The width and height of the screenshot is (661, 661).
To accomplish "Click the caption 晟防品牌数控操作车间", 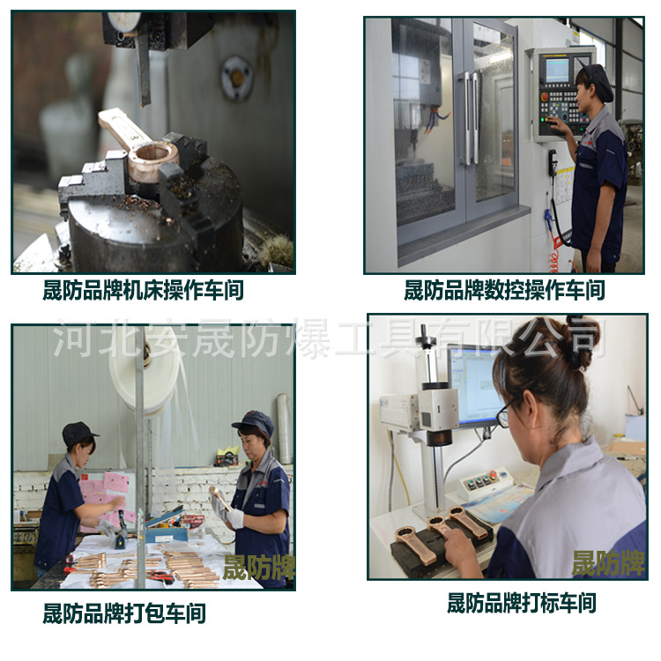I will click(x=504, y=290).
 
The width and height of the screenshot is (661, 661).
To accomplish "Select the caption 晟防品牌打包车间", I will click(x=124, y=613).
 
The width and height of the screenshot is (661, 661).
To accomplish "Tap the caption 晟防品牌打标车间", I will click(x=521, y=604).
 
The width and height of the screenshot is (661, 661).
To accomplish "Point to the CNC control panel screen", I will click(x=558, y=70).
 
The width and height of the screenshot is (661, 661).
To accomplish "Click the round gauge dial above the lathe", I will click(x=123, y=20).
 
